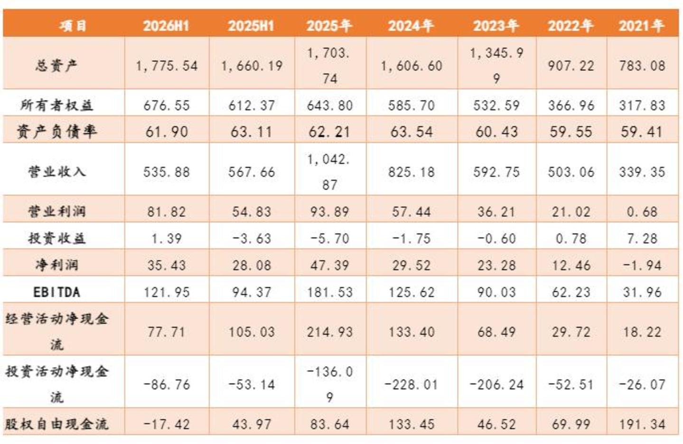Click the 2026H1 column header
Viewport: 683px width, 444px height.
point(166,26)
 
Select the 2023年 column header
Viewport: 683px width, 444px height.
point(496,26)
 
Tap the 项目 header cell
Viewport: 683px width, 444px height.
point(73,26)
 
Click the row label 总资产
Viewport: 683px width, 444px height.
point(56,65)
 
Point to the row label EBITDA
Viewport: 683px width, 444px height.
point(56,292)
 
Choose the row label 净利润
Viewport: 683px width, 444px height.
point(56,265)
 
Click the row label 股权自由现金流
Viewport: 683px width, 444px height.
point(56,424)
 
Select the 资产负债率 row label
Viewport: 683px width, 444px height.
point(56,132)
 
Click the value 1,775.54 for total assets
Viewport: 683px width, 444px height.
point(167,66)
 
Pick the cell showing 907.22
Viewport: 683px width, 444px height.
point(571,66)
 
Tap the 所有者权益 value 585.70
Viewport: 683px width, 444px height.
point(412,105)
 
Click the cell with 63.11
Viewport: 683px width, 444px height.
point(251,132)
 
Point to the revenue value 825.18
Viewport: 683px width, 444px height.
point(412,172)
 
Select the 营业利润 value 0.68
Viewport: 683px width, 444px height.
point(642,212)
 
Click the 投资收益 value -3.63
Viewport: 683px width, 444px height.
point(252,238)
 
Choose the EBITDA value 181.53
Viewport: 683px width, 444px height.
point(329,292)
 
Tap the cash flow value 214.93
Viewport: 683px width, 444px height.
point(329,332)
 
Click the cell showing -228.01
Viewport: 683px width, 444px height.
point(412,385)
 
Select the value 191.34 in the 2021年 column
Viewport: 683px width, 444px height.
point(642,424)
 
